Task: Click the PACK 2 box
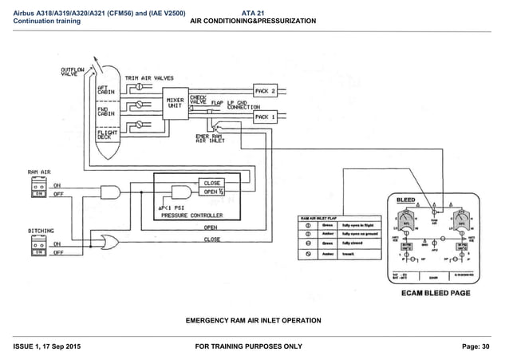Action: [x=266, y=90]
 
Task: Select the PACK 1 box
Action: [x=266, y=117]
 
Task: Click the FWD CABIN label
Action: [x=105, y=113]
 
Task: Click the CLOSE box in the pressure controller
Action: [x=211, y=183]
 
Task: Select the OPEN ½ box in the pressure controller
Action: [x=211, y=192]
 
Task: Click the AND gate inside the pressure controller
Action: [x=181, y=192]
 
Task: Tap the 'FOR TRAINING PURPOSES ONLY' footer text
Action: [x=253, y=346]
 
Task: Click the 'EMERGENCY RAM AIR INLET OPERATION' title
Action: [x=253, y=320]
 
